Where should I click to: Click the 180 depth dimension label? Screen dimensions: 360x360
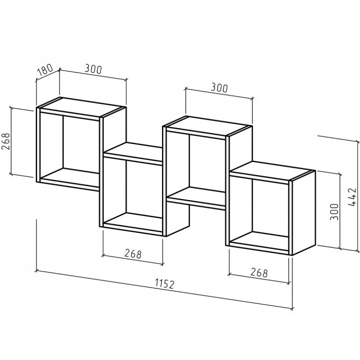coord(45,70)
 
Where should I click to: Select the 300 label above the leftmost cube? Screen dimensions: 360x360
coord(93,69)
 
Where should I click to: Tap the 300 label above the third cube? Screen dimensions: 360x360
coord(219,88)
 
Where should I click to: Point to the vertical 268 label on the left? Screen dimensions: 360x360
coord(6,141)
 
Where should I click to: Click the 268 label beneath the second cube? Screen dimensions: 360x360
coord(133,254)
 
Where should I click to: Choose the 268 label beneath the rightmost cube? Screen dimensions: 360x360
coord(259,273)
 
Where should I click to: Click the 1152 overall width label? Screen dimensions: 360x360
coord(165,284)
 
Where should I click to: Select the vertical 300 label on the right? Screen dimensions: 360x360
coord(334,212)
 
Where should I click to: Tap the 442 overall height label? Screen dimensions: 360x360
coord(352,197)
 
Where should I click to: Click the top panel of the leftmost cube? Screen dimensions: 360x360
coord(81,107)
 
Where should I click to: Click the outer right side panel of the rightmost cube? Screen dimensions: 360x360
coord(304,213)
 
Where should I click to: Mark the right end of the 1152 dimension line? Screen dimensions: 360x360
coord(292,309)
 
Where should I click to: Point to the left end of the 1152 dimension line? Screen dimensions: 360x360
coord(37,271)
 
